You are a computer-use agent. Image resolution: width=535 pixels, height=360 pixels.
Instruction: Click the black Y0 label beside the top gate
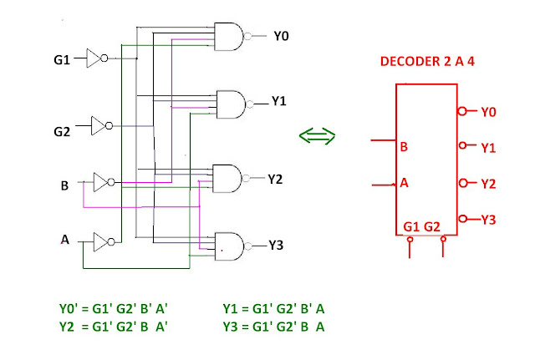pyautogui.click(x=281, y=36)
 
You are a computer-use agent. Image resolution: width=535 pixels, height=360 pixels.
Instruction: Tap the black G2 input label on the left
pyautogui.click(x=62, y=132)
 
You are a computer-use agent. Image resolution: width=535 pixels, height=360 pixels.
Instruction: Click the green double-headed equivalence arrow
pyautogui.click(x=317, y=136)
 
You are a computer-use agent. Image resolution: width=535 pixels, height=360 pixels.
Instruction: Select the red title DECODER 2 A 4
pyautogui.click(x=427, y=61)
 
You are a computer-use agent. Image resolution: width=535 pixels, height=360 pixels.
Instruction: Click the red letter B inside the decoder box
pyautogui.click(x=404, y=147)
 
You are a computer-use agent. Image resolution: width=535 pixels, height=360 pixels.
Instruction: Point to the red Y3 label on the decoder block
pyautogui.click(x=488, y=220)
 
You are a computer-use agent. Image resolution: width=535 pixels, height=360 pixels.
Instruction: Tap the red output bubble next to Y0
pyautogui.click(x=462, y=111)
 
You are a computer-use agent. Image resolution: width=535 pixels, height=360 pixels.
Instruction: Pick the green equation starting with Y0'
pyautogui.click(x=114, y=309)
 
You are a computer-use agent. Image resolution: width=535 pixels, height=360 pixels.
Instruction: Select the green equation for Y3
pyautogui.click(x=273, y=327)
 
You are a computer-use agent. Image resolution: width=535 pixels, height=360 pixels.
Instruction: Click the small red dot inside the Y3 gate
pyautogui.click(x=222, y=251)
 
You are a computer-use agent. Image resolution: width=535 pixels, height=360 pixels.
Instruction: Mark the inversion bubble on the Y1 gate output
pyautogui.click(x=250, y=104)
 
